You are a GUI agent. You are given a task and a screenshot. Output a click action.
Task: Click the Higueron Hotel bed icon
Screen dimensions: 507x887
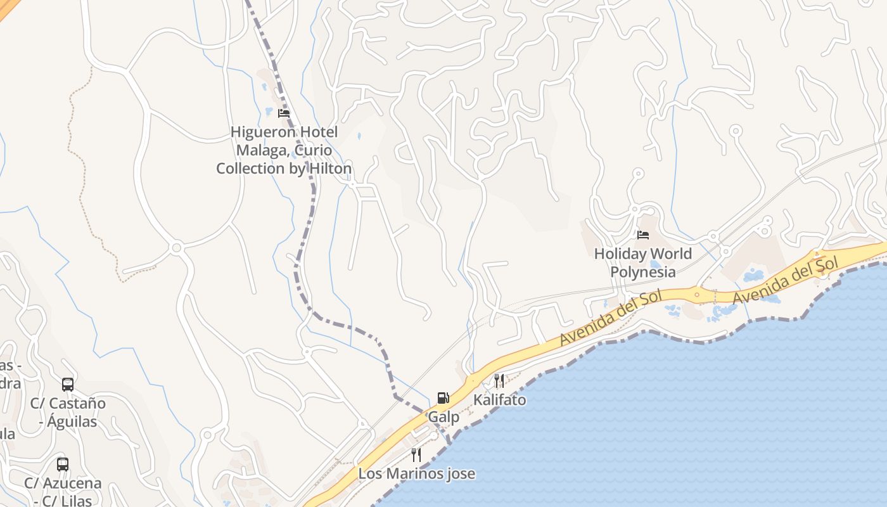tap(284, 113)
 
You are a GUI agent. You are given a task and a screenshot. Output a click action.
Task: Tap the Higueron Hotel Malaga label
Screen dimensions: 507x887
tap(284, 150)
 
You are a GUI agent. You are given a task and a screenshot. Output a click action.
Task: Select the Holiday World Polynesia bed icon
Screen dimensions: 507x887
tap(643, 235)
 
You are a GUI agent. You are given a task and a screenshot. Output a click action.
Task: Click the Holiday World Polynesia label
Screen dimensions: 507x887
tap(643, 263)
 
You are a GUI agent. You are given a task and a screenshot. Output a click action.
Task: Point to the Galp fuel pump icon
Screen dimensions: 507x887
tap(443, 398)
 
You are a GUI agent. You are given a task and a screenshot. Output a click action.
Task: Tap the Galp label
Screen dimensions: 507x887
tap(443, 418)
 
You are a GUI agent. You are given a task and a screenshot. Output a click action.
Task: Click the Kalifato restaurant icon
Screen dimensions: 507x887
tap(499, 380)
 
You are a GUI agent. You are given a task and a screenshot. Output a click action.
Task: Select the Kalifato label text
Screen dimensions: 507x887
tap(499, 400)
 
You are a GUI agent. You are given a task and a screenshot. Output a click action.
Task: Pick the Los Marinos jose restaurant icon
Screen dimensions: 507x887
tap(416, 454)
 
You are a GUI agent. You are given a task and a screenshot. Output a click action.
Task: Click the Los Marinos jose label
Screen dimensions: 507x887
tap(416, 473)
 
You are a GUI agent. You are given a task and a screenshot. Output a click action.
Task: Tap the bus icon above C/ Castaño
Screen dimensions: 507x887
tap(68, 384)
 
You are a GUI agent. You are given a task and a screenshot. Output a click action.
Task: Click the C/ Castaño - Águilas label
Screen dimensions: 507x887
tap(68, 412)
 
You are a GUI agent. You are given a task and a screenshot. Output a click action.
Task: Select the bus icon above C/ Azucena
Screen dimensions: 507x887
tap(63, 464)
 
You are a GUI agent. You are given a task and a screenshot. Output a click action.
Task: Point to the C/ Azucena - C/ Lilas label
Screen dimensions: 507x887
tap(63, 492)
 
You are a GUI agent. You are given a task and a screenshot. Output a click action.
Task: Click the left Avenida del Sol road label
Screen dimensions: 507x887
tap(611, 318)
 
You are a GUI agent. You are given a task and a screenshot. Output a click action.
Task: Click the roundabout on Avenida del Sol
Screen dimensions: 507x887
tap(697, 294)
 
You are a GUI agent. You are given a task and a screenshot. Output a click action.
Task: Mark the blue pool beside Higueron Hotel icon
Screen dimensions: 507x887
tap(269, 112)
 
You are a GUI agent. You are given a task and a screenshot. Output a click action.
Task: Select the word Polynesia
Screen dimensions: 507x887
tap(643, 273)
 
